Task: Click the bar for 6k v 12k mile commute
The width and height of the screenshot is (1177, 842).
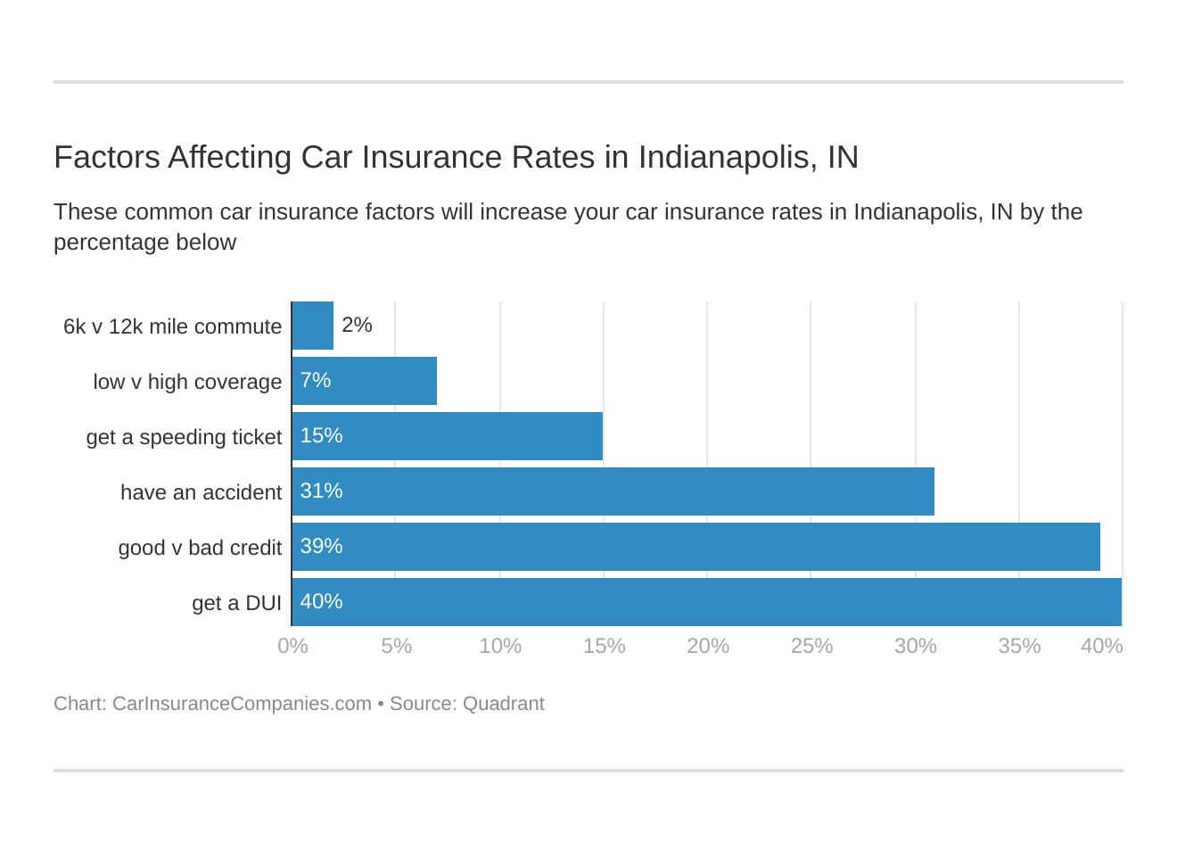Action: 313,326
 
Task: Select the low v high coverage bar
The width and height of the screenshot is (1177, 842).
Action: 365,381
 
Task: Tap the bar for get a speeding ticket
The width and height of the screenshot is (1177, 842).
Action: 448,436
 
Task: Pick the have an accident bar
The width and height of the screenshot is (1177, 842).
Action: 613,491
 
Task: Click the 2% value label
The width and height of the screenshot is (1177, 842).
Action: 357,326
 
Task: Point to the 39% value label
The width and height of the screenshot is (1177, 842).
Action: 321,546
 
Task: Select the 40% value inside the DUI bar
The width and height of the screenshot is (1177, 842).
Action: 321,601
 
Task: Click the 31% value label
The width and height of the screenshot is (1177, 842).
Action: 321,491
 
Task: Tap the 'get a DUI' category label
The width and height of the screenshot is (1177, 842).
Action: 236,603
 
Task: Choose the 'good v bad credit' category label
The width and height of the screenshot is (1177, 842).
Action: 200,548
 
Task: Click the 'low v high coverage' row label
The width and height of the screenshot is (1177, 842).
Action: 187,382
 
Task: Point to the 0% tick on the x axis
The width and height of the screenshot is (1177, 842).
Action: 292,646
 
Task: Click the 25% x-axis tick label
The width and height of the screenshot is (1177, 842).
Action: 811,646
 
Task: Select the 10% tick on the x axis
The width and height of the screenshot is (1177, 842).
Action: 500,646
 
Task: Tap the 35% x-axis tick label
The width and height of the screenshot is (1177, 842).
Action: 1019,646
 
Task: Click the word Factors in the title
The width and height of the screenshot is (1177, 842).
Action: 106,157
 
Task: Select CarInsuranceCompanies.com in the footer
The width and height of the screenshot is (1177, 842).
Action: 242,704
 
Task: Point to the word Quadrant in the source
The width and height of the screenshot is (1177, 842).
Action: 503,704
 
